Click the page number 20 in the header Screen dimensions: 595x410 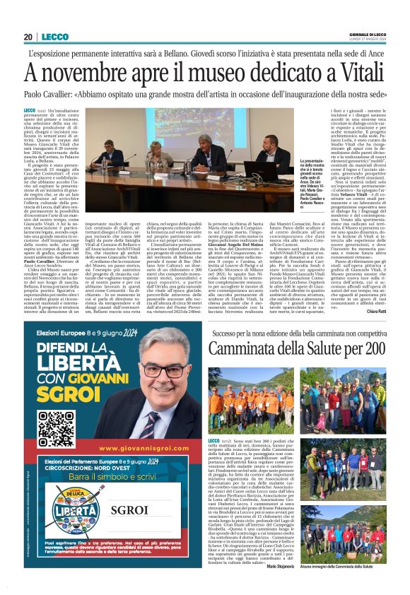(29, 37)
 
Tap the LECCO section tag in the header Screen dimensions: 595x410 (55, 37)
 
